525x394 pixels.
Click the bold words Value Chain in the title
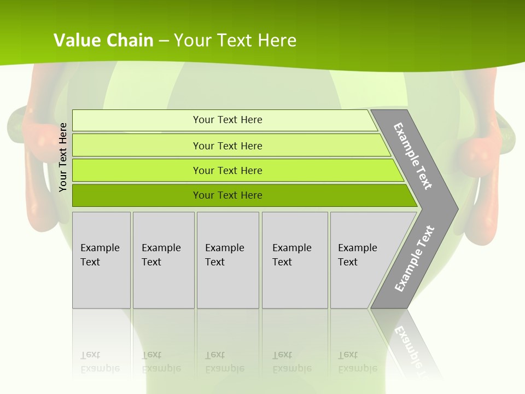[103, 40]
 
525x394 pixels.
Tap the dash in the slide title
[164, 41]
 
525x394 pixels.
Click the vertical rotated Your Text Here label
[63, 158]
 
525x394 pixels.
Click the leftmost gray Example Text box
[101, 259]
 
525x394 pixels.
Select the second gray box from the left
[164, 259]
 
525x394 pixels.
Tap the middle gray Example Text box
[227, 259]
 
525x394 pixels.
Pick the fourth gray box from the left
[295, 259]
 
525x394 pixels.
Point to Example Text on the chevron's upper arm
[413, 156]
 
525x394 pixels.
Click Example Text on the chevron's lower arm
[414, 259]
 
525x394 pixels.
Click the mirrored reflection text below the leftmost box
[100, 362]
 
